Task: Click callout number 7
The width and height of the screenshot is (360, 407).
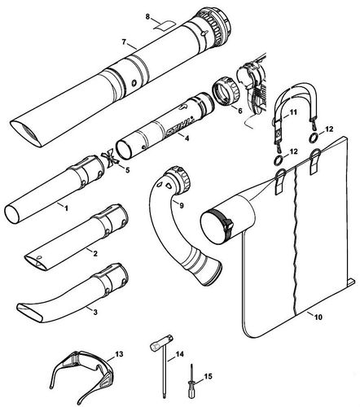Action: click(x=123, y=42)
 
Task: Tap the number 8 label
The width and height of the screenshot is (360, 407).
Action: click(x=147, y=16)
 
